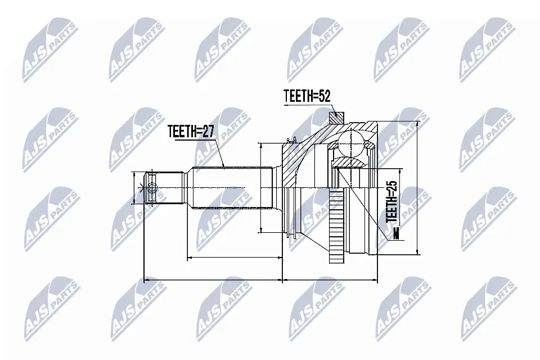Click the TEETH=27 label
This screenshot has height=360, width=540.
(191, 131)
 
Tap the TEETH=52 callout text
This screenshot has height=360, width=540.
(307, 96)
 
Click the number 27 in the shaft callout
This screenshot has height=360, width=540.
(208, 131)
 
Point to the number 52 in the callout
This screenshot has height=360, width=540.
(324, 96)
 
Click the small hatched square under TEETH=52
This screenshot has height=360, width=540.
(336, 118)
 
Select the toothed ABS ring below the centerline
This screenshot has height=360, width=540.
(336, 227)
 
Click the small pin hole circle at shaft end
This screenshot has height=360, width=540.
(152, 188)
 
